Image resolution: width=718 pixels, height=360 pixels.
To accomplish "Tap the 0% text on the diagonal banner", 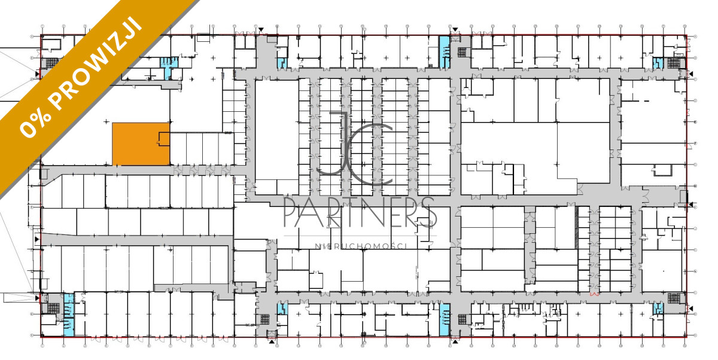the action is pyautogui.click(x=35, y=126).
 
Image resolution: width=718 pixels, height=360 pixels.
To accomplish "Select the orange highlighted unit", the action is pyautogui.click(x=141, y=144).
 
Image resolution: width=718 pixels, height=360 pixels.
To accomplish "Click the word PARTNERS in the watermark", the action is pyautogui.click(x=360, y=212).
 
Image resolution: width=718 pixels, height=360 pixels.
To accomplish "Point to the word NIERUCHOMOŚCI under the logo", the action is pyautogui.click(x=361, y=246).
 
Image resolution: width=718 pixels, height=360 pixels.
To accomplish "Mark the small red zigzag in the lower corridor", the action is pyautogui.click(x=595, y=294).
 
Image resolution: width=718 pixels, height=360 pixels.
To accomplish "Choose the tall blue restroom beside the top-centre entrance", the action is pyautogui.click(x=444, y=52).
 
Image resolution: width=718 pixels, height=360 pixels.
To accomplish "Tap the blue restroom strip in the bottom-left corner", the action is pyautogui.click(x=69, y=315).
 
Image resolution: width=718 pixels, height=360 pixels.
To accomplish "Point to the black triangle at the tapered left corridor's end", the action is pyautogui.click(x=37, y=239).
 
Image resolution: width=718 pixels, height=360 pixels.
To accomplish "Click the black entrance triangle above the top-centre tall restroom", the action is pyautogui.click(x=455, y=30).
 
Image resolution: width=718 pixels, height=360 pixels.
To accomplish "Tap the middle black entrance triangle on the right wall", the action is pyautogui.click(x=690, y=205).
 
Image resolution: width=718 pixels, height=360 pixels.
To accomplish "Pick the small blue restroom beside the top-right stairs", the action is pyautogui.click(x=658, y=63).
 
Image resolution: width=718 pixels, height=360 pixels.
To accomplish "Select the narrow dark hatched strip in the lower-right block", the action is pyautogui.click(x=577, y=227).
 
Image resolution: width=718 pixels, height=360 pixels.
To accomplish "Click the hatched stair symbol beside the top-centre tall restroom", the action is pyautogui.click(x=461, y=52).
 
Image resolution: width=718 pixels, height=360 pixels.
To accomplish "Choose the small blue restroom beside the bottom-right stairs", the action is pyautogui.click(x=658, y=309).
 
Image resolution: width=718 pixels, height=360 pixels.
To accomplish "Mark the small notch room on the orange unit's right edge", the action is pyautogui.click(x=164, y=139).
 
